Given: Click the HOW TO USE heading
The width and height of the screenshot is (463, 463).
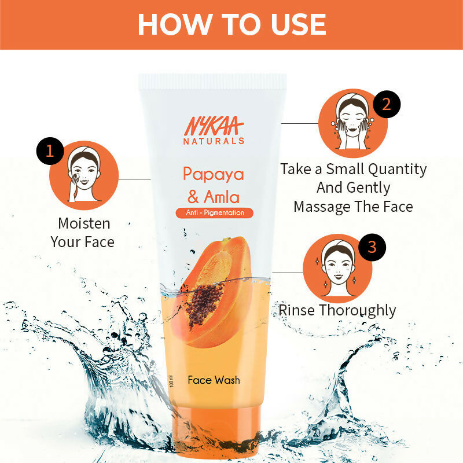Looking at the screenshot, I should [x=231, y=24].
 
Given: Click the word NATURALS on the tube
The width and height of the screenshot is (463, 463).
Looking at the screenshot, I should [x=214, y=141].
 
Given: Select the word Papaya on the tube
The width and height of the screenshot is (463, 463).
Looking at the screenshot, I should [x=214, y=174].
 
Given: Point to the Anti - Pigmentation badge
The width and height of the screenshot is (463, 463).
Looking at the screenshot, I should [x=214, y=213].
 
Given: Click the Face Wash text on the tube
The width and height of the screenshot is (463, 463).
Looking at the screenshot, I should [x=214, y=380].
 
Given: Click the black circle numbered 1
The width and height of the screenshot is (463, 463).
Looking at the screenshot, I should [x=49, y=151].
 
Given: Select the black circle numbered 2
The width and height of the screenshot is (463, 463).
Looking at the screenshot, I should [x=387, y=104].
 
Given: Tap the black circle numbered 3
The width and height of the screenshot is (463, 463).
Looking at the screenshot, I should [x=372, y=247].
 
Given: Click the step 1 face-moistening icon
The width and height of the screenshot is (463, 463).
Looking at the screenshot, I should [x=84, y=175].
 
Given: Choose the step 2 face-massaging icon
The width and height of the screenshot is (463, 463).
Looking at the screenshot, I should [x=352, y=123].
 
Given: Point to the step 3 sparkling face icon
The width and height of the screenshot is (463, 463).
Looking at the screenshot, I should [x=337, y=267].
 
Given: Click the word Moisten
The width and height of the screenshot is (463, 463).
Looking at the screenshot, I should [x=84, y=223].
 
